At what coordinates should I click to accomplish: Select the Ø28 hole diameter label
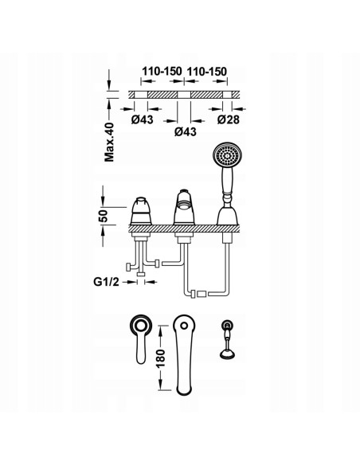(230, 119)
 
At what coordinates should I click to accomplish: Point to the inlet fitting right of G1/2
(141, 278)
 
